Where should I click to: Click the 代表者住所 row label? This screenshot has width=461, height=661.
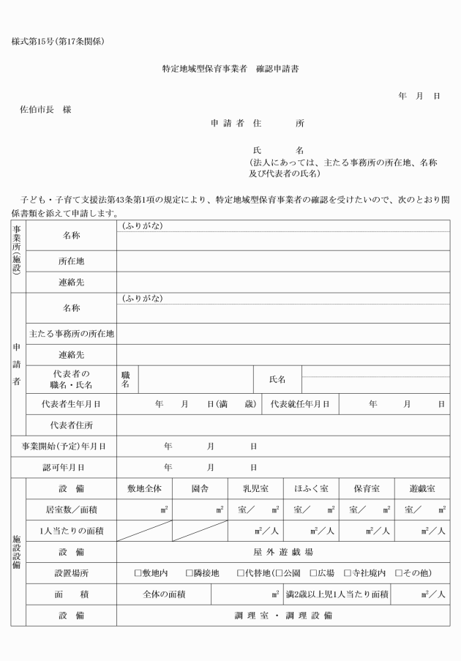pos(71,425)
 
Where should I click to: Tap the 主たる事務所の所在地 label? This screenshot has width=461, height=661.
pos(71,334)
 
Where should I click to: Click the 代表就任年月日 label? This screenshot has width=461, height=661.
pos(300,403)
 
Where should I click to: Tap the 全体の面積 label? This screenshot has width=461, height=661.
pos(164,594)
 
